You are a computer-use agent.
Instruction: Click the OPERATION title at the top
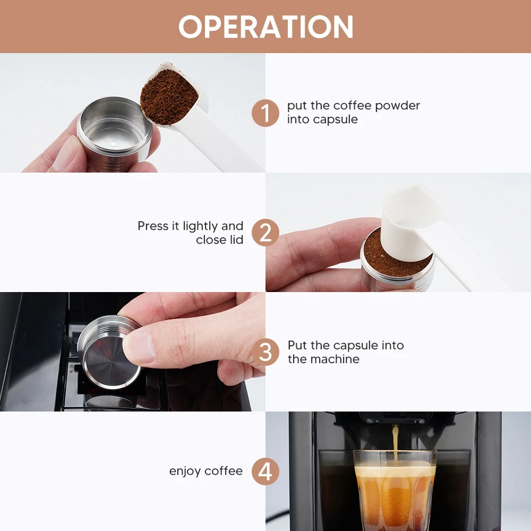[265, 27]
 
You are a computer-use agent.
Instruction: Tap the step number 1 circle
[265, 113]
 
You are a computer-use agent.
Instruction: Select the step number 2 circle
[265, 233]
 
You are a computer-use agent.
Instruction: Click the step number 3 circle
[265, 352]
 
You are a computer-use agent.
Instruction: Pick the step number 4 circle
[265, 471]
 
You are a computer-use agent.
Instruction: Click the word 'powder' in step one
[397, 106]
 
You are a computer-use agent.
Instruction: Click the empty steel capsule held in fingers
[114, 133]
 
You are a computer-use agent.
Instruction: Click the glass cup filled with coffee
[395, 489]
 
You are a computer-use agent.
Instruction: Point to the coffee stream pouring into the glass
[396, 441]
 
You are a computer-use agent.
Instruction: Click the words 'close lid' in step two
[219, 240]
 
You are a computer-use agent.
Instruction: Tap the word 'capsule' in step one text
[336, 119]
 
